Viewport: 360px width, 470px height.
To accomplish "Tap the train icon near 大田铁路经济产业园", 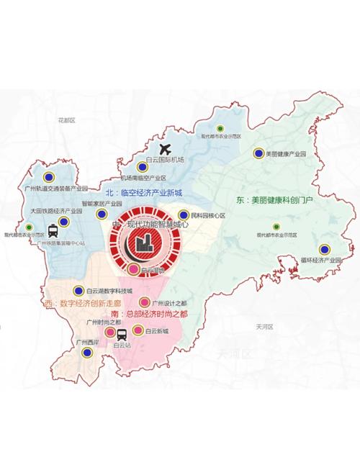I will [53, 232].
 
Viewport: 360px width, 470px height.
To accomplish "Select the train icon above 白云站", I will [121, 334].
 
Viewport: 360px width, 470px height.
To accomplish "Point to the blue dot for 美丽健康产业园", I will [258, 153].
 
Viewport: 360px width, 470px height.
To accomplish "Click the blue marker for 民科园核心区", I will [184, 215].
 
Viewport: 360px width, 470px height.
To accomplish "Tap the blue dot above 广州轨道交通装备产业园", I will [49, 176].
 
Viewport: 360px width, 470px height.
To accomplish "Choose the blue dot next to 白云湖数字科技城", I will [79, 292].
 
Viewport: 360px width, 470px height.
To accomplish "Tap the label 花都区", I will [67, 120].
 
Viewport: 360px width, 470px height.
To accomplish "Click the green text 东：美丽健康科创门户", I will [274, 199].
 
